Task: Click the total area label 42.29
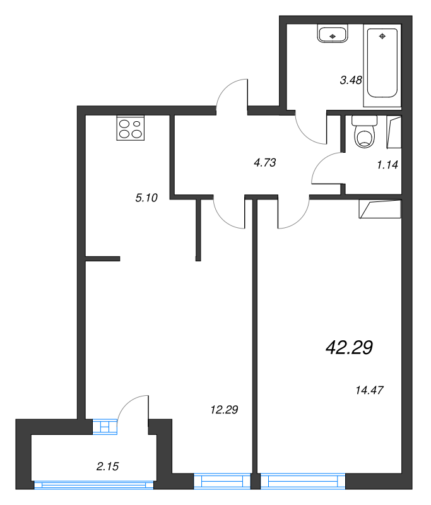coord(349,347)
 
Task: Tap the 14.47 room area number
coord(370,390)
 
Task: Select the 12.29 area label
coord(223,410)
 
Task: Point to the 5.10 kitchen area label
coord(146,198)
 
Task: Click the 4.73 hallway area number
coord(265,162)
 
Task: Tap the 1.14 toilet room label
coord(387,165)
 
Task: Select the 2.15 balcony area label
coord(108,466)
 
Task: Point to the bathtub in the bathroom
coord(382,63)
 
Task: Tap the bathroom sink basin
coord(333,34)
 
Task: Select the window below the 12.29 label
coord(222,482)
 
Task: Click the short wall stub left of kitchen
coord(102,258)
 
